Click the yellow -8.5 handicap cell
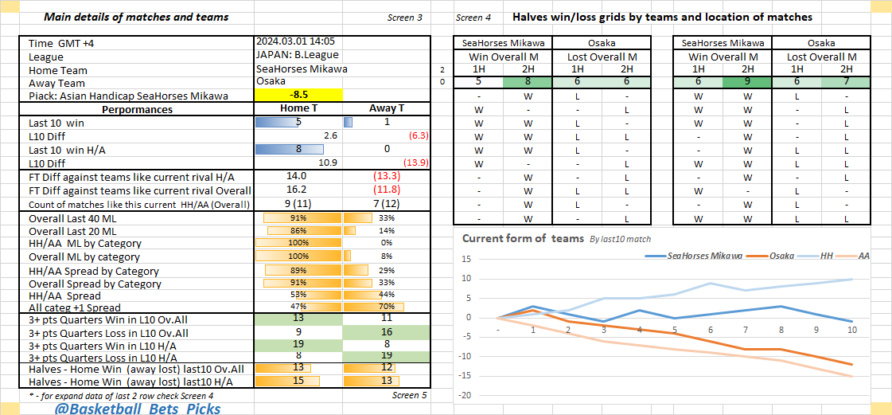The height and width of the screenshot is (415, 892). coord(298,96)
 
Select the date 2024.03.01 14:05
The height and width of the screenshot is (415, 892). coord(295,41)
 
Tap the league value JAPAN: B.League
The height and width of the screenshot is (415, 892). coord(297,55)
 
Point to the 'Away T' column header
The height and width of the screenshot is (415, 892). coord(387,109)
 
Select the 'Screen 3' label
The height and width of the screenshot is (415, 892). coord(405,18)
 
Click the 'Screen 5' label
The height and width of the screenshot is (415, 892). coord(409,395)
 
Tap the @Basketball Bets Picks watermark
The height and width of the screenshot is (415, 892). coord(137,409)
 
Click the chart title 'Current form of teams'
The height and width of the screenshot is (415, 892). coord(522,238)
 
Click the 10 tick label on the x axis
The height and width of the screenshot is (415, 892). coord(851,328)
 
